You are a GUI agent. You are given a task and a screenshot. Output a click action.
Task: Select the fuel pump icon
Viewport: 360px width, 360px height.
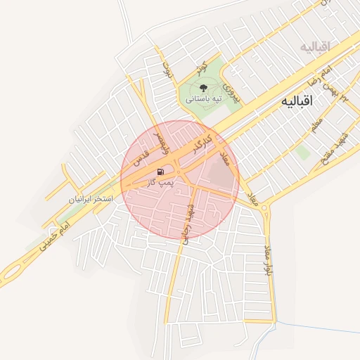pos(162,172)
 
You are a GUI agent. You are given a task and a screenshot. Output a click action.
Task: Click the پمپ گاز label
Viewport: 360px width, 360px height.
pos(161,182)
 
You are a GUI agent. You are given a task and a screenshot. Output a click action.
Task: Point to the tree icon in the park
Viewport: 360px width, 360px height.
pos(203,88)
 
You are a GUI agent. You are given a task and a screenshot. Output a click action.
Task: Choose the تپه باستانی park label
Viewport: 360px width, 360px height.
pos(203,99)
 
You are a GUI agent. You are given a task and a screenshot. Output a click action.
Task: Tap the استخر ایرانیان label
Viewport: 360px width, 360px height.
pos(91,199)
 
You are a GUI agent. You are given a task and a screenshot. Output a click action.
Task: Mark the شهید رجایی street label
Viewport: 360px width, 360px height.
pos(186,224)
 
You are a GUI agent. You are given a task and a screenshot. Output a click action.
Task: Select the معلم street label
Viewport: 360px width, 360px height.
pos(316,127)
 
